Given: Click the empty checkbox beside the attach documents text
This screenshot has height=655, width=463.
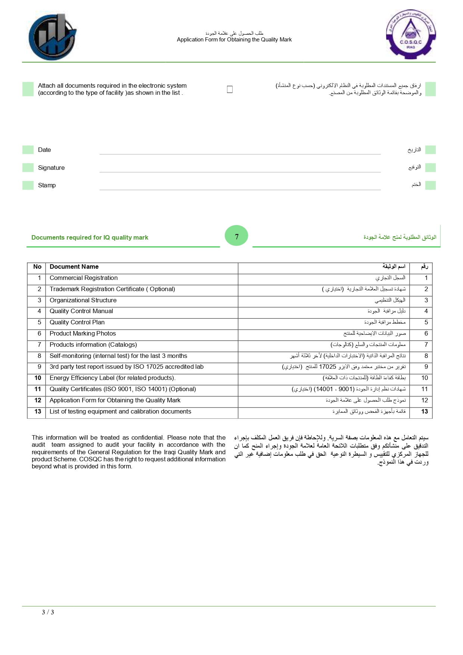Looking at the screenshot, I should [x=230, y=89].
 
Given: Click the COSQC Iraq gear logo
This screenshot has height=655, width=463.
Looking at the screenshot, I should [x=410, y=34].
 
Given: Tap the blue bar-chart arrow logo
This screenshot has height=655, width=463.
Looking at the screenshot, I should [x=53, y=37].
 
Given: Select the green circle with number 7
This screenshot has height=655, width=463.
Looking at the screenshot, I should [x=236, y=236].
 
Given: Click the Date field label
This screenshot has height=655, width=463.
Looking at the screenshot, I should [x=44, y=150].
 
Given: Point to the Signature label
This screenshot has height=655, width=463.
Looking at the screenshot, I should [x=51, y=168].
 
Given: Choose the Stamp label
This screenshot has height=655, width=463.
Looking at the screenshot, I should [x=47, y=185].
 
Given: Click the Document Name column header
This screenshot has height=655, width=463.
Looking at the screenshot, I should [x=74, y=267].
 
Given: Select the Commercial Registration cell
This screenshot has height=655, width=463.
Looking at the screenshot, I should [x=84, y=278].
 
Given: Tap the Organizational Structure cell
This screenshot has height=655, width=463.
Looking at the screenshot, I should [x=83, y=300].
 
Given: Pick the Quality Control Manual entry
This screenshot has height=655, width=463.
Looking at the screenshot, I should [x=81, y=311].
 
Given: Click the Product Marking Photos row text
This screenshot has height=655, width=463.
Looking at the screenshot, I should [x=83, y=334].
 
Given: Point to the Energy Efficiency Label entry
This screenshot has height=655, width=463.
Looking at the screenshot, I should [x=112, y=378].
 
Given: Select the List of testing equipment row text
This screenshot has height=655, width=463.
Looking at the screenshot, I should [x=120, y=412].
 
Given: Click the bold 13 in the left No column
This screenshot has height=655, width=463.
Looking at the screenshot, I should [x=38, y=412].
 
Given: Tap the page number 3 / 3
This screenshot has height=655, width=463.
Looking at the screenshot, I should [x=48, y=612].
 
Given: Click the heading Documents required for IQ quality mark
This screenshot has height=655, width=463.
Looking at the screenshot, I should [x=90, y=238].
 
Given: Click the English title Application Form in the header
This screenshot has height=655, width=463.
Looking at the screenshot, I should [x=234, y=40].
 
